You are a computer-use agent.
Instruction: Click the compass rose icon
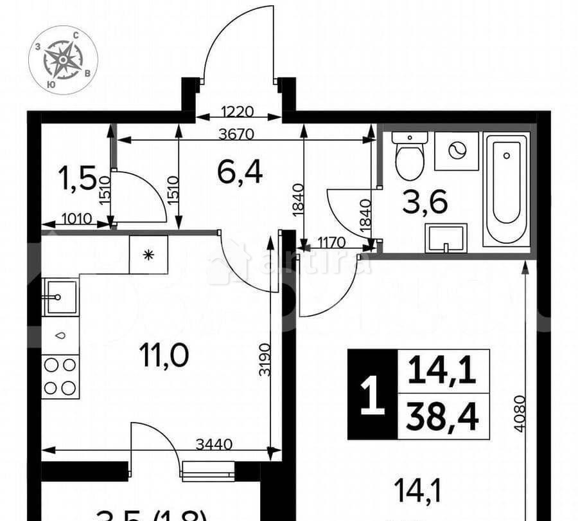[x=63, y=60]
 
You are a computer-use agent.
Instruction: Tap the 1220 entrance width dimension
[x=238, y=112]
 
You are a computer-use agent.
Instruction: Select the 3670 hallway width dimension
[x=237, y=134]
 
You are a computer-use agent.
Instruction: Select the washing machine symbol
[x=457, y=151]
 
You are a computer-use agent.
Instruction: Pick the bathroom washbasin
[x=445, y=238]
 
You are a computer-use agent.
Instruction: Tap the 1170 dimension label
[x=332, y=243]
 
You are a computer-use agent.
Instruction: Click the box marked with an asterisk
[x=148, y=255]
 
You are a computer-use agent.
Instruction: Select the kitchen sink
[x=60, y=297]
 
